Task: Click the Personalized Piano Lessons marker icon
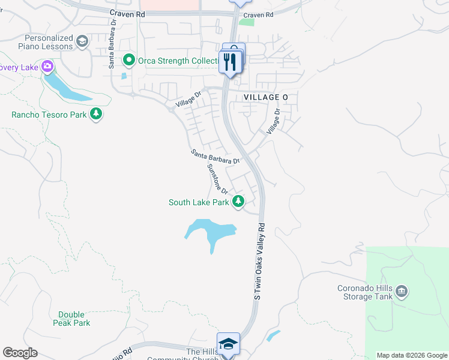(x=82, y=41)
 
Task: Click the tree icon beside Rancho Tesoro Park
(x=95, y=114)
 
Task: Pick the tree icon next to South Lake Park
(x=238, y=202)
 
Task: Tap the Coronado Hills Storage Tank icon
(x=402, y=292)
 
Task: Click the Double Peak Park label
(x=74, y=319)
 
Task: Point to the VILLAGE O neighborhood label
(x=262, y=97)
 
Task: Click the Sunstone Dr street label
(x=217, y=178)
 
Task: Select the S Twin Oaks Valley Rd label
(x=259, y=262)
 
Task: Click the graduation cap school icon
(x=228, y=344)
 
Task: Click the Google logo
(x=20, y=353)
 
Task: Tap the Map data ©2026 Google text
(x=412, y=355)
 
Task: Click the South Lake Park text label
(x=199, y=203)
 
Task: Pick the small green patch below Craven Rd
(x=246, y=22)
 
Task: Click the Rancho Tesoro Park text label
(x=49, y=115)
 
